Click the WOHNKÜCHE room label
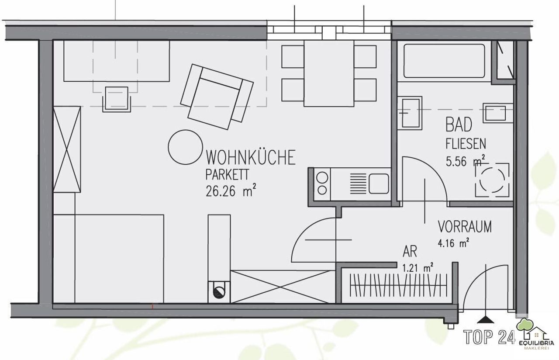coord(251,157)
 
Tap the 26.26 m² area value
coord(231,191)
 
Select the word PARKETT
coord(227,175)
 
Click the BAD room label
coord(459,125)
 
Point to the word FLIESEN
coord(466,144)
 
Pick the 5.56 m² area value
coord(466,161)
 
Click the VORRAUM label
coord(465,226)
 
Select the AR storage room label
coord(410,252)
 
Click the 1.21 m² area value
coord(418,268)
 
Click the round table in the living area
coord(185,147)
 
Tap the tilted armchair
coord(217,97)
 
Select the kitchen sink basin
coord(379,184)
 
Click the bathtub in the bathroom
coord(444,61)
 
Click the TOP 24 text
coord(490,337)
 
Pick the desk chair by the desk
coord(117,99)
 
